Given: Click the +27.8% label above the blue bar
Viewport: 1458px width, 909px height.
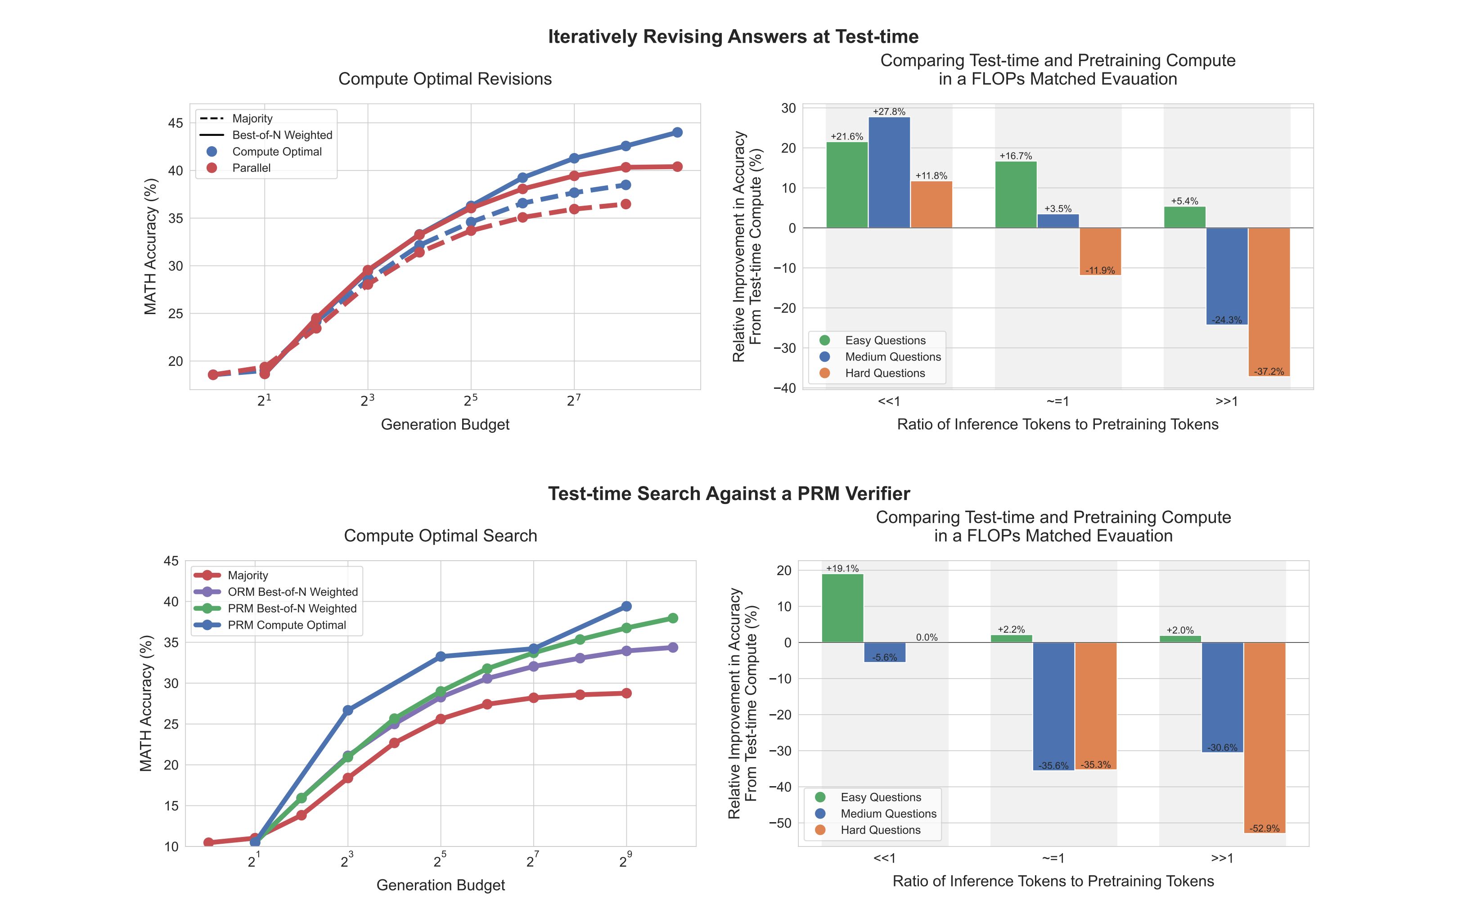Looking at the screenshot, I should pyautogui.click(x=889, y=112).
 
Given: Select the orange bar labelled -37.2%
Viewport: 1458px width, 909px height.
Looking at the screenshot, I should pyautogui.click(x=1269, y=302).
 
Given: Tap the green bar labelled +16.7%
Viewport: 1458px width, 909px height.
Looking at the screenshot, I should pyautogui.click(x=1016, y=194).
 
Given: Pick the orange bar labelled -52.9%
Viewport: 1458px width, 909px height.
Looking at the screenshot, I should pyautogui.click(x=1264, y=737).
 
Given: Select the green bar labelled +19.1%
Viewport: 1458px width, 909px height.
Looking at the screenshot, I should pyautogui.click(x=842, y=608).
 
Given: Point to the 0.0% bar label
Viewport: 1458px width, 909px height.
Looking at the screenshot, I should pyautogui.click(x=927, y=637).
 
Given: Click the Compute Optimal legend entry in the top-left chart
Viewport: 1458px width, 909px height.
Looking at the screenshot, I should pyautogui.click(x=277, y=152).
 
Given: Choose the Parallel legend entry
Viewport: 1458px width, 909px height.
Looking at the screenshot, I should pyautogui.click(x=251, y=168).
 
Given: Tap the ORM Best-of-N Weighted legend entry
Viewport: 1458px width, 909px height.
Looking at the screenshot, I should pyautogui.click(x=292, y=592).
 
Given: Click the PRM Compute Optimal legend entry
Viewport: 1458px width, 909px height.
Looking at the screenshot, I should pyautogui.click(x=287, y=625).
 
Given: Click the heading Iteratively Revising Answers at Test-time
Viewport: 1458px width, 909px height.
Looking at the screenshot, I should pyautogui.click(x=733, y=36).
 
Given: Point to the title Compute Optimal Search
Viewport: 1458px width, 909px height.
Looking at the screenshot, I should pyautogui.click(x=440, y=535).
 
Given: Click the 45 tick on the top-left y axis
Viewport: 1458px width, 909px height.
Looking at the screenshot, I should pyautogui.click(x=175, y=123).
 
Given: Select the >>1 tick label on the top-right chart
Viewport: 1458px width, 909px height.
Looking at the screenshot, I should pyautogui.click(x=1227, y=401).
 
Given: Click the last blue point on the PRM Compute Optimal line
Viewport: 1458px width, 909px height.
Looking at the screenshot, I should pyautogui.click(x=626, y=606).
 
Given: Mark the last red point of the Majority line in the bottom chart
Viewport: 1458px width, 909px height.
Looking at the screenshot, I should pyautogui.click(x=626, y=693).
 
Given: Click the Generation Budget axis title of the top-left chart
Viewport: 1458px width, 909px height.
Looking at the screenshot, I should pyautogui.click(x=445, y=424).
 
